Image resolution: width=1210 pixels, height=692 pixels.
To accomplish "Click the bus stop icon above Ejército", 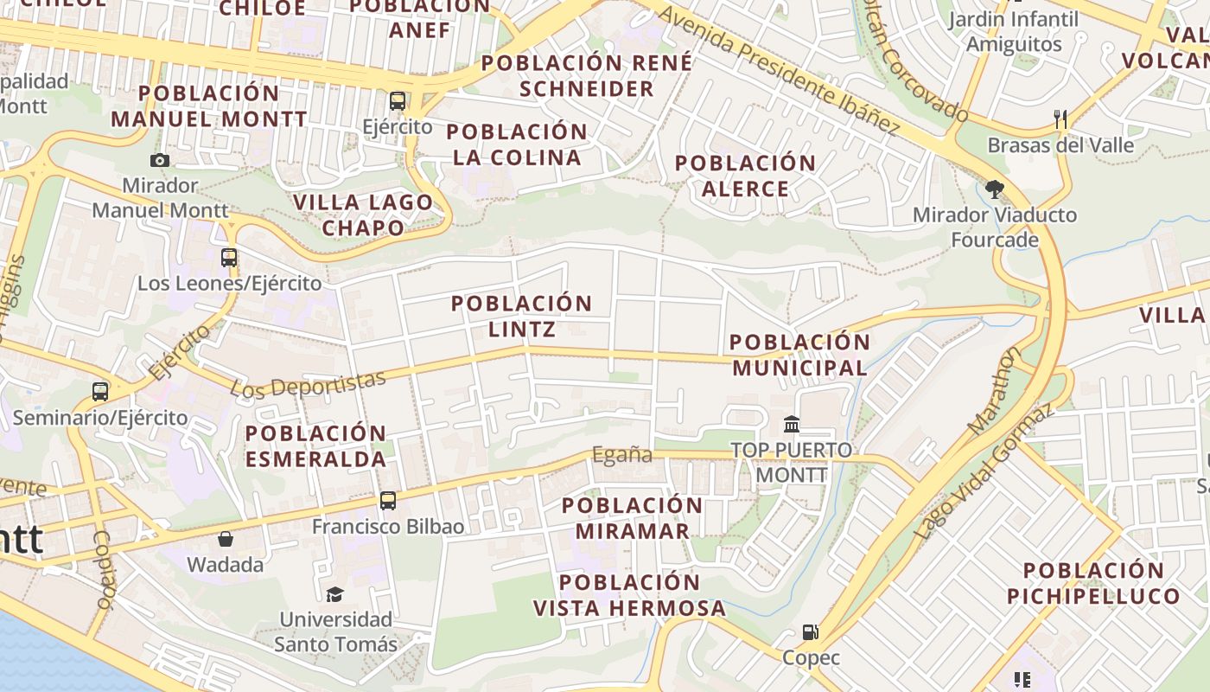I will [398, 101].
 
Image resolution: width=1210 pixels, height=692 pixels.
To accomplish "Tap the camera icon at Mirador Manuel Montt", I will [159, 160].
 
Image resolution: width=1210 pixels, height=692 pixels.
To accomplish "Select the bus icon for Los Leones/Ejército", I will [229, 258].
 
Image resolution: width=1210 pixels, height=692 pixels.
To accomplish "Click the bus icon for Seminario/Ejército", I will [100, 392].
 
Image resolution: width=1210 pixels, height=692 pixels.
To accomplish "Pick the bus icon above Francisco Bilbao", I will [388, 501].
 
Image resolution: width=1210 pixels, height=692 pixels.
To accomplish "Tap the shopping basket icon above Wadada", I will [226, 540].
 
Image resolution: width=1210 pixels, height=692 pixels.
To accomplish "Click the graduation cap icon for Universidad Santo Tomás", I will [334, 594].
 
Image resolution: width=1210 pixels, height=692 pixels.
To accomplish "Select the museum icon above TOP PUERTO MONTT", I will [791, 425].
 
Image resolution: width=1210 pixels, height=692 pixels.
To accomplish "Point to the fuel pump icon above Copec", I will [811, 632].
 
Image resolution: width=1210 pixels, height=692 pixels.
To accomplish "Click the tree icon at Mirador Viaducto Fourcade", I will [995, 189].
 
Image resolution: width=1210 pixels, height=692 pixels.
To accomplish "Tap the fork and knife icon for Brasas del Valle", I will [1060, 119].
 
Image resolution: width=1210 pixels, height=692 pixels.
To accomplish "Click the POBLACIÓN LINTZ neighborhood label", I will [521, 316].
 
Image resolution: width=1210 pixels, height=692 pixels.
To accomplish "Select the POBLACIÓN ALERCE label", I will [745, 176].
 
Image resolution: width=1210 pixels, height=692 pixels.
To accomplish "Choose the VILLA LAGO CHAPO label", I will [362, 215].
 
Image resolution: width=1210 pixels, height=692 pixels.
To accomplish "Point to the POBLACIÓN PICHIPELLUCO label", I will [1093, 583].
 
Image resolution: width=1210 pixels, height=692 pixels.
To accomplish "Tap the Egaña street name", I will [621, 455].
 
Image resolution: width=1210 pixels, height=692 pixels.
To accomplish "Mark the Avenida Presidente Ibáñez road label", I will [781, 73].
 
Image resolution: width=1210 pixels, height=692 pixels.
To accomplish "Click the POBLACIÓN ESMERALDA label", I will [315, 445].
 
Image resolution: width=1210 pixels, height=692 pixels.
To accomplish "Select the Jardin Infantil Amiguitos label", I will [1013, 32].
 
